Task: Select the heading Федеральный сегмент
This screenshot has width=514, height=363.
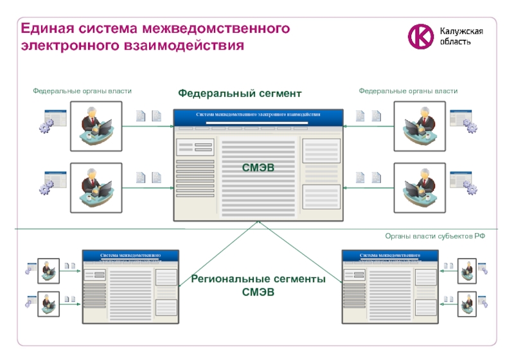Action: click(x=240, y=94)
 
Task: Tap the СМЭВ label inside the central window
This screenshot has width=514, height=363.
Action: click(x=258, y=167)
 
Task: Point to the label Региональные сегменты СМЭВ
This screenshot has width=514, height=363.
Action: click(x=258, y=285)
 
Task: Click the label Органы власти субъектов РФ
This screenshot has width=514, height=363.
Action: click(x=435, y=236)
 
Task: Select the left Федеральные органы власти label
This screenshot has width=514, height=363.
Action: click(x=82, y=91)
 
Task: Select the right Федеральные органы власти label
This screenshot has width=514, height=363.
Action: click(x=408, y=91)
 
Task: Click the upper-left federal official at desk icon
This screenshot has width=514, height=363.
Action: click(x=96, y=125)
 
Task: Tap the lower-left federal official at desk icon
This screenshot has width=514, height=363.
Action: click(x=96, y=188)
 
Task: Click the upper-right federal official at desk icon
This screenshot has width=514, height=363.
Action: click(x=420, y=125)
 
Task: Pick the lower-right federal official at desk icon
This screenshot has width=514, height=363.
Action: click(x=420, y=188)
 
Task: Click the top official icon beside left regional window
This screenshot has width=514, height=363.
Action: click(x=48, y=270)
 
